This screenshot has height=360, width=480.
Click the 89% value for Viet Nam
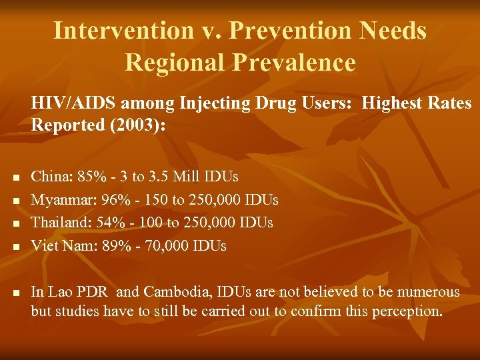115,246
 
